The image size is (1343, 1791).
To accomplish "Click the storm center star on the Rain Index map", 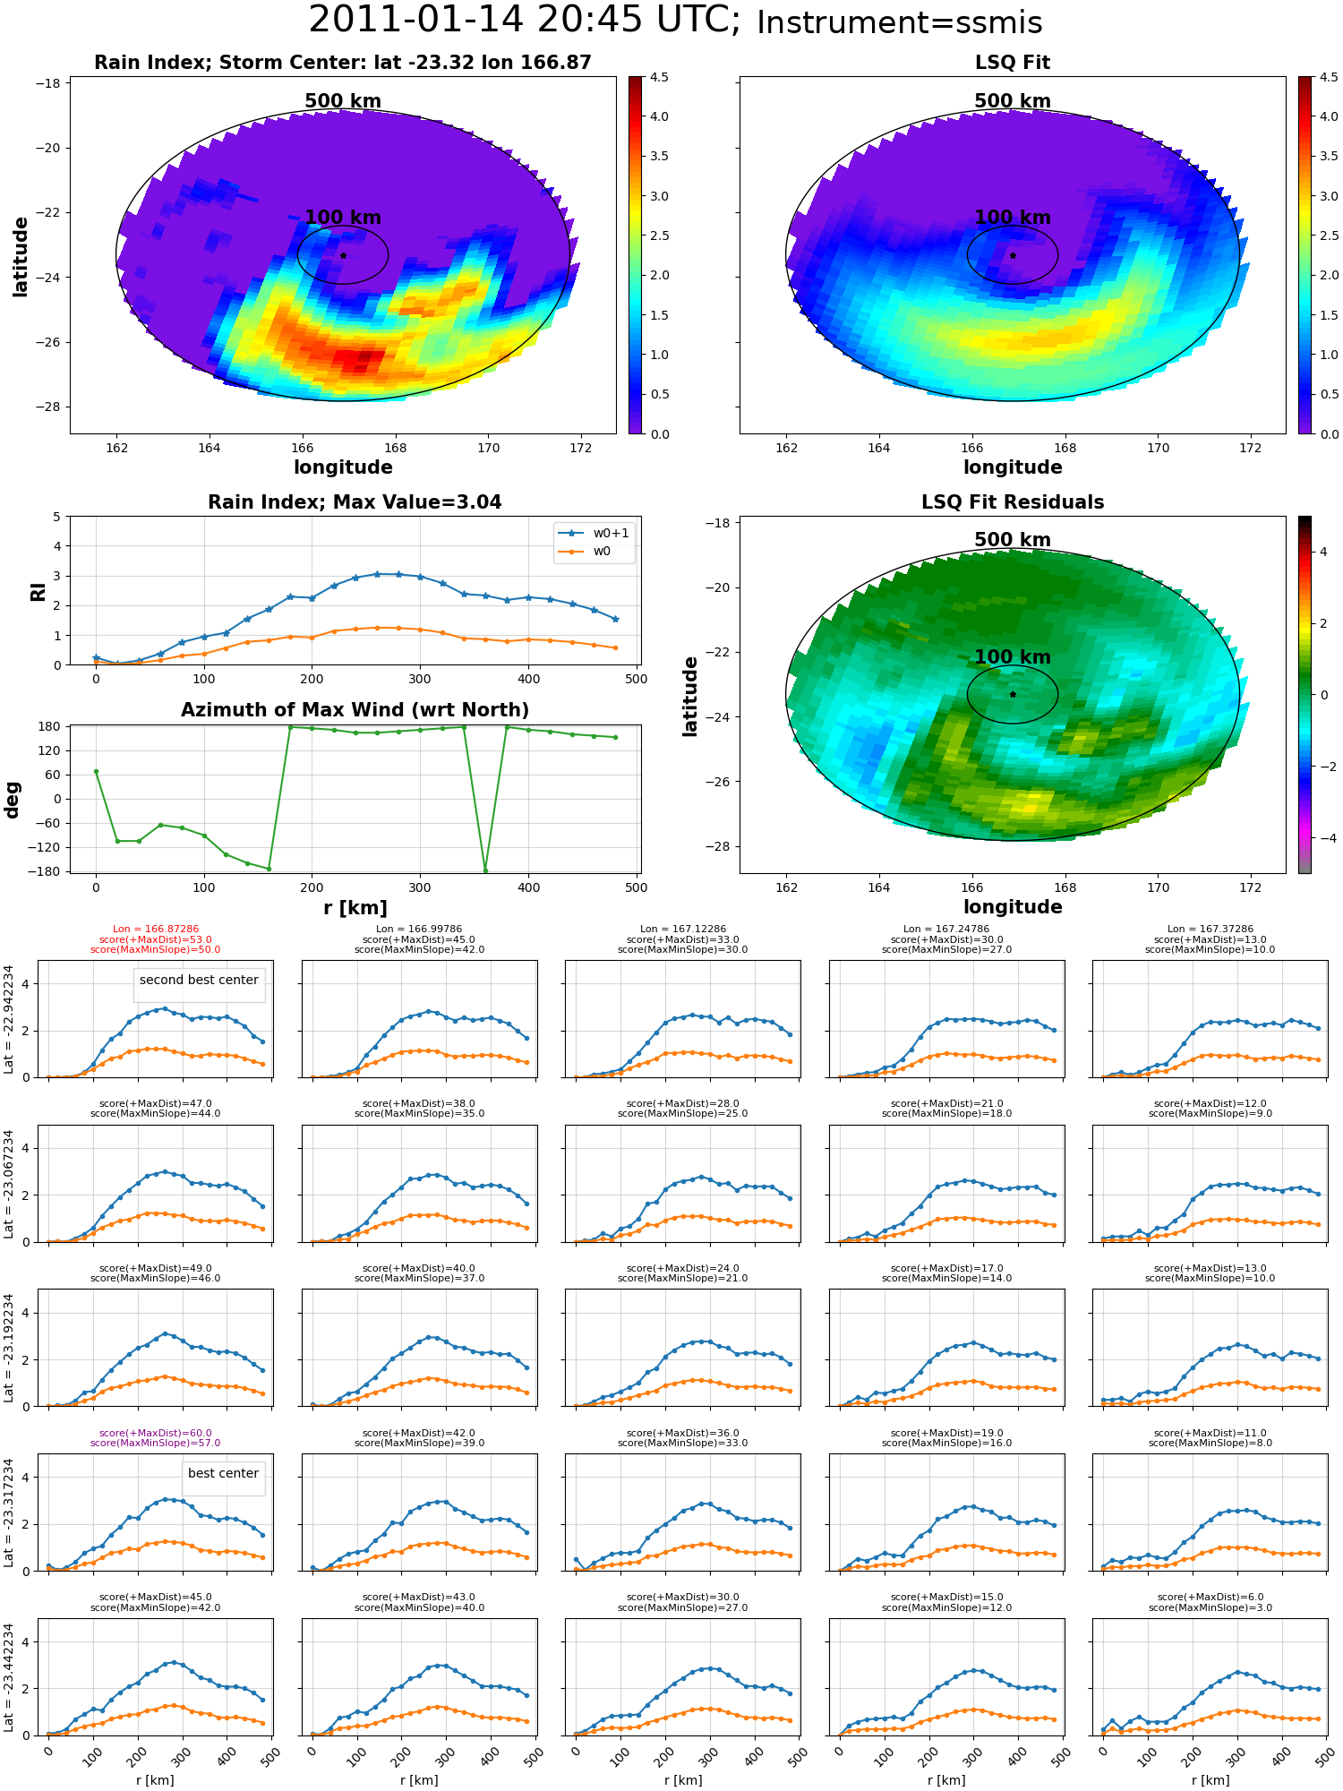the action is tap(343, 255).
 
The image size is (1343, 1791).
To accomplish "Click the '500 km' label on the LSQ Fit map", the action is tap(1013, 101).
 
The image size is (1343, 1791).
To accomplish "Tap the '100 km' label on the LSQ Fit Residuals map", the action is tap(1013, 657).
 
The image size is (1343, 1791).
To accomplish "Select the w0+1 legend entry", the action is tap(594, 533).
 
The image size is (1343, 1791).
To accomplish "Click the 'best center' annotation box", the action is tap(223, 1473).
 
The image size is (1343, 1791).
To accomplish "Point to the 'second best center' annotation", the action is tap(199, 980).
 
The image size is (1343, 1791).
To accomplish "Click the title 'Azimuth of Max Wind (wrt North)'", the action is tap(355, 710).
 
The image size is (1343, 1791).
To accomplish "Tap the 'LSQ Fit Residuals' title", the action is tap(1013, 502).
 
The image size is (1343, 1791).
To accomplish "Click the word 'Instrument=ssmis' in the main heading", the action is tap(900, 22).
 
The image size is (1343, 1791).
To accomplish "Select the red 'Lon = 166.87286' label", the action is tap(156, 930).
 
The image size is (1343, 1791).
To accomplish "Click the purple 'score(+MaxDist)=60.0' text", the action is tap(156, 1433).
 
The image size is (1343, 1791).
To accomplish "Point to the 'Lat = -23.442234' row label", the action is tap(9, 1677).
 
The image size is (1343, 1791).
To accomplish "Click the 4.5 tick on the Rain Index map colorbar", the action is tap(659, 78).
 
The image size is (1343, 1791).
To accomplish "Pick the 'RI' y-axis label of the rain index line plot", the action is tap(38, 592).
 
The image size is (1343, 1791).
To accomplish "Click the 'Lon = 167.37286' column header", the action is tap(1210, 930).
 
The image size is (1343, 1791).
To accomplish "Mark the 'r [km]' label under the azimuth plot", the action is tap(355, 908).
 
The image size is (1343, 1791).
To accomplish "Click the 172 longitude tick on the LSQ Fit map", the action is tap(1251, 448).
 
